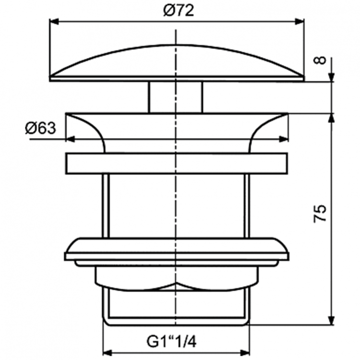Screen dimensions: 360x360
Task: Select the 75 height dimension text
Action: pyautogui.click(x=321, y=213)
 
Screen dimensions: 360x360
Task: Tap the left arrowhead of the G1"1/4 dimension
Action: pyautogui.click(x=108, y=350)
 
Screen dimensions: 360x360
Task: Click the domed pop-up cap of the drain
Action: pyautogui.click(x=177, y=62)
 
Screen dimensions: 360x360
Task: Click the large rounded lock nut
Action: pyautogui.click(x=177, y=250)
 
